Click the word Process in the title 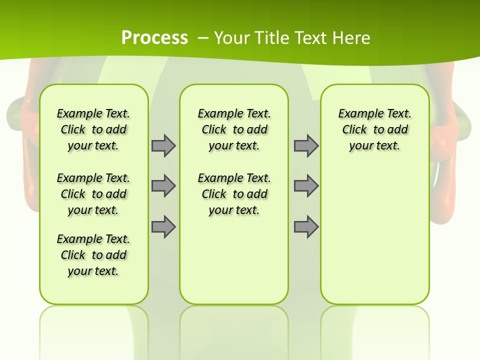[x=154, y=38]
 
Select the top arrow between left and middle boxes [x=163, y=145]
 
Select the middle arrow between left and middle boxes [x=163, y=186]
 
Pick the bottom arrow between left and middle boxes [x=163, y=227]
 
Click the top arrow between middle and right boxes [x=306, y=145]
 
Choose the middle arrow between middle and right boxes [x=306, y=186]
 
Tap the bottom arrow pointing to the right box [x=306, y=227]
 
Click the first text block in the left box [x=93, y=129]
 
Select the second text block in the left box [x=93, y=194]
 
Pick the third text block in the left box [x=93, y=255]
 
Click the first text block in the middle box [x=234, y=129]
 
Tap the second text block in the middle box [x=234, y=194]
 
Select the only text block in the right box [x=374, y=129]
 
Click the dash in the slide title [x=203, y=38]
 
